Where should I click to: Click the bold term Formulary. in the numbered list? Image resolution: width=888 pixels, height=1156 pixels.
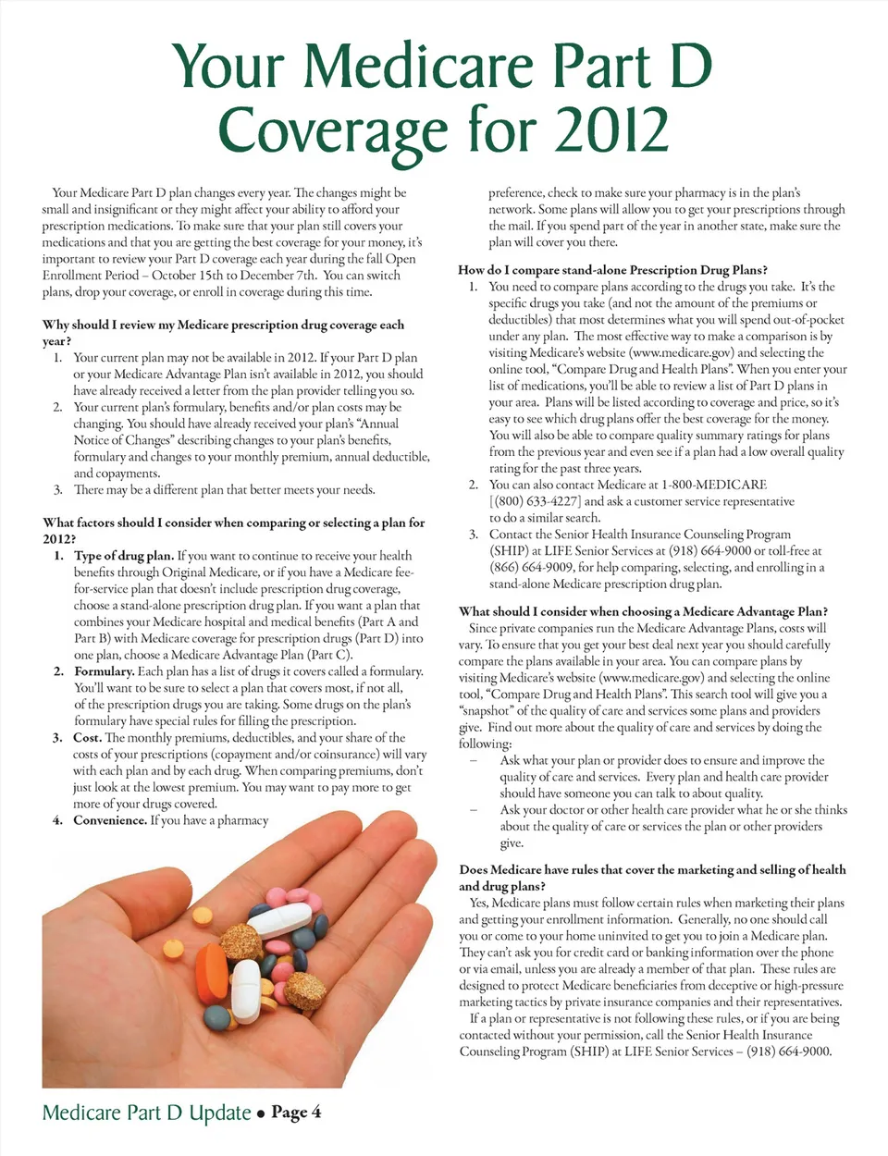tap(104, 671)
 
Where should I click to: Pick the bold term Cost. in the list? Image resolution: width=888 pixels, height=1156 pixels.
tap(87, 738)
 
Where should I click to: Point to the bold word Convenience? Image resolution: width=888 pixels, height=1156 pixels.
tap(110, 820)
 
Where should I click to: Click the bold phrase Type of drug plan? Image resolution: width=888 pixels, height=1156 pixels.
tap(123, 556)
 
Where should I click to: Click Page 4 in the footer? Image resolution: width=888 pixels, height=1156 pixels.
tap(296, 1113)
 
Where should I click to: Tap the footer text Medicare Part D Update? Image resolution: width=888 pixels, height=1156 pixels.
tap(147, 1113)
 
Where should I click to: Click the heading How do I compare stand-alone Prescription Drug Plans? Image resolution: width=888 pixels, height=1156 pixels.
tap(612, 270)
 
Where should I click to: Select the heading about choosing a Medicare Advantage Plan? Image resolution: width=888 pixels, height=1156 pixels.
tap(643, 611)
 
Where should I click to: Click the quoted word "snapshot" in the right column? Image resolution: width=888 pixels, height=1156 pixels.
tap(485, 711)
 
